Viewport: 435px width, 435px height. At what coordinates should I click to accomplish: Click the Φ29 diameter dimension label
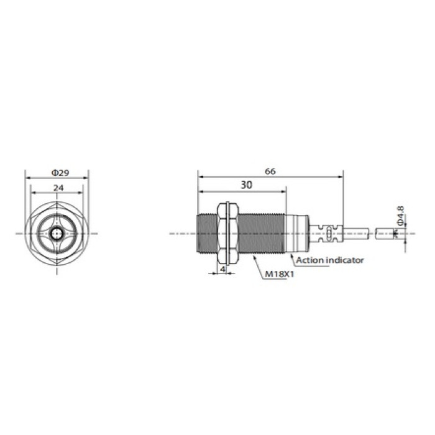click(x=60, y=173)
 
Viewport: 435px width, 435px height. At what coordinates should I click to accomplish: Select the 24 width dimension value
click(x=58, y=188)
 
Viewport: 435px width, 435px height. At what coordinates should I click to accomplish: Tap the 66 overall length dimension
click(x=270, y=172)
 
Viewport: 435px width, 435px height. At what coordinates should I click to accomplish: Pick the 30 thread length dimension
click(x=246, y=185)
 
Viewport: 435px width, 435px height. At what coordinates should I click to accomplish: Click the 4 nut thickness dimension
click(x=222, y=268)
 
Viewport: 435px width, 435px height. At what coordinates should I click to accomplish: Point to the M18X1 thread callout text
click(x=280, y=275)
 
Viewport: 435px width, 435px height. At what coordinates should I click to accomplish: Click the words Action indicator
click(x=330, y=260)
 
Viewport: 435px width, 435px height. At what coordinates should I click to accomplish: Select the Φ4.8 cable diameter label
click(x=400, y=215)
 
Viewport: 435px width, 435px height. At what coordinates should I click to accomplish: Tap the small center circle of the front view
click(x=57, y=234)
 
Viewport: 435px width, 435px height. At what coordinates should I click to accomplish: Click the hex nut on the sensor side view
click(x=227, y=233)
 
